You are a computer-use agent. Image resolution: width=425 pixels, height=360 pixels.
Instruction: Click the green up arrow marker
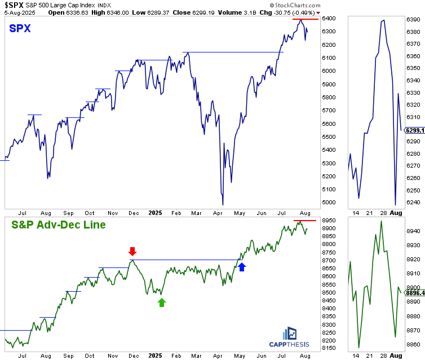point(162,302)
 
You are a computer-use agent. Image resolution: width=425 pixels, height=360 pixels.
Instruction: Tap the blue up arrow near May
point(242,267)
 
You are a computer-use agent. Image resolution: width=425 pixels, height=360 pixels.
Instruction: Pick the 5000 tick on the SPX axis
point(330,203)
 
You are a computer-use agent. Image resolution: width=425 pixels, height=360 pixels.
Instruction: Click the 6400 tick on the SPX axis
point(330,18)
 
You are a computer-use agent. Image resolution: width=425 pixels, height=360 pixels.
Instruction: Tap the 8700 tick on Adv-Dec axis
point(330,260)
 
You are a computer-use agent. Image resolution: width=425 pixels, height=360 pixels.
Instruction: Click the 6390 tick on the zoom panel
point(413,19)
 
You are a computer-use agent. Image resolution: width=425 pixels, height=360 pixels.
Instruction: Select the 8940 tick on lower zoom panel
point(413,230)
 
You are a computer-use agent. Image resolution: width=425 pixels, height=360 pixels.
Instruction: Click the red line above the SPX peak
point(304,19)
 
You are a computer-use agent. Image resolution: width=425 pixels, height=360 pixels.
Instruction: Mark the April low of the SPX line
point(223,204)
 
